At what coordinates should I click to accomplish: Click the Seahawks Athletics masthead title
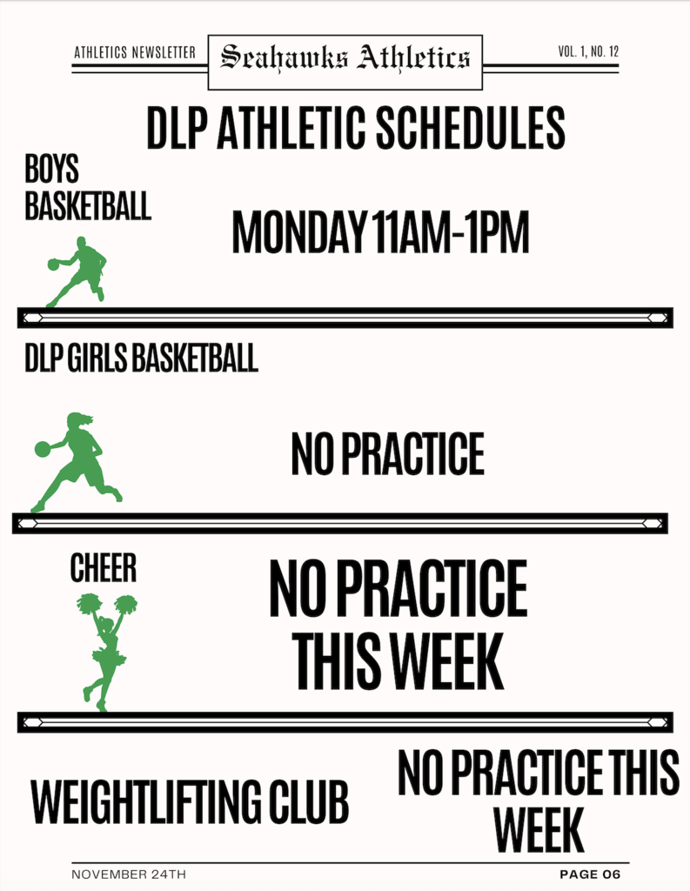[345, 58]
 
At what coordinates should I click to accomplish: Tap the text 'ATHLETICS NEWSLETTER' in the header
[135, 53]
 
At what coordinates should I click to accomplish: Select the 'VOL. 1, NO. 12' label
[588, 52]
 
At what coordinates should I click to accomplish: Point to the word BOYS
[52, 169]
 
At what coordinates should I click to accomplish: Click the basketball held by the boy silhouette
[53, 264]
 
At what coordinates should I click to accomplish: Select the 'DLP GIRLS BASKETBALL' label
[142, 358]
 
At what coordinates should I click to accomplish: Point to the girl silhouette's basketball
[43, 449]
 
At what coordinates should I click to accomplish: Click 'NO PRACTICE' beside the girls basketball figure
[387, 454]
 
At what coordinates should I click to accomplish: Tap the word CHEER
[104, 569]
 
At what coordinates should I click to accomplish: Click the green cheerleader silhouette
[107, 648]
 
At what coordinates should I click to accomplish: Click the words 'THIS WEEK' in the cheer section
[398, 662]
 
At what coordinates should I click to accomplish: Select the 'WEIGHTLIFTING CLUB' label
[190, 801]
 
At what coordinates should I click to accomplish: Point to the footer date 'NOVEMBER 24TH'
[129, 874]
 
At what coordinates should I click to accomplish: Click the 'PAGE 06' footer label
[590, 874]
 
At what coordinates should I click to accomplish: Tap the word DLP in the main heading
[177, 129]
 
